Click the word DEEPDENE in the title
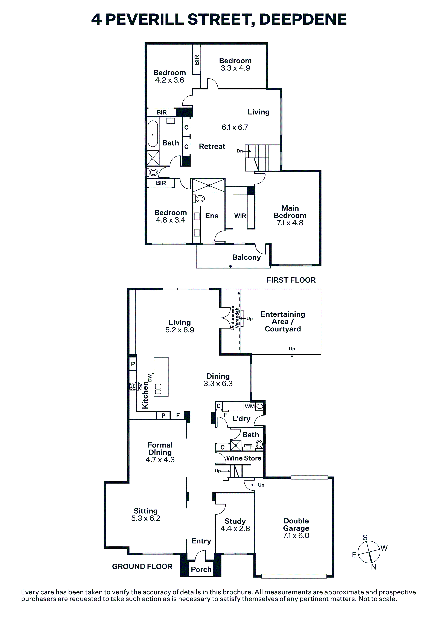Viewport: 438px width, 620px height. (303, 19)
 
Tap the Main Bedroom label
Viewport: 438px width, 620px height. (290, 212)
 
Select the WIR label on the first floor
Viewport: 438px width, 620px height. (240, 216)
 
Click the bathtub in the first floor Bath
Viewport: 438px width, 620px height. (153, 134)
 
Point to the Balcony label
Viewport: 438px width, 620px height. (247, 257)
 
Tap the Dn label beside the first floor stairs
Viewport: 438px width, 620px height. (240, 151)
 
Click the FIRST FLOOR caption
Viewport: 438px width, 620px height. (291, 280)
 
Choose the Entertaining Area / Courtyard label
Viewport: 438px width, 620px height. (283, 321)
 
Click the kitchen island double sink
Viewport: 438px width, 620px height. (158, 389)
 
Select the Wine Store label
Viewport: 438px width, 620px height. (244, 458)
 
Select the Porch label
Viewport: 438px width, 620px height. (201, 569)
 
